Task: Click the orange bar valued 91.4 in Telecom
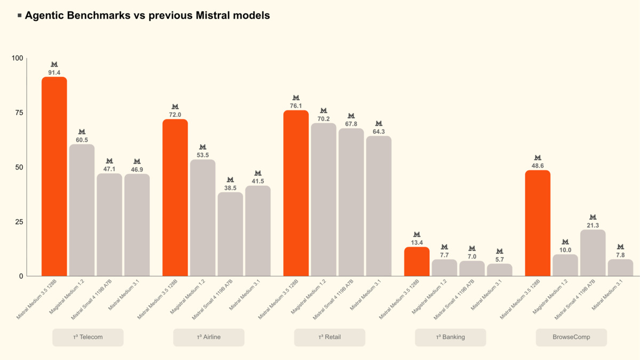tap(54, 176)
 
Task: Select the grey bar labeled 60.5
tap(82, 210)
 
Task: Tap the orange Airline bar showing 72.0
tap(175, 197)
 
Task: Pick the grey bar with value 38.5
tap(230, 234)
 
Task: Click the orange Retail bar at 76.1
tap(296, 193)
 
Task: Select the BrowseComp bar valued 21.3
tap(593, 253)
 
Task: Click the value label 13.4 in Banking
tap(417, 243)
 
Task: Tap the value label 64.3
tap(379, 131)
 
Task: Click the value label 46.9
tap(137, 170)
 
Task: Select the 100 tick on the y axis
tap(17, 58)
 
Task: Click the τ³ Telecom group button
tap(88, 337)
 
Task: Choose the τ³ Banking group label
tap(451, 337)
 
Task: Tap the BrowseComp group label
tap(571, 337)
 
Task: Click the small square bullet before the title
tap(19, 15)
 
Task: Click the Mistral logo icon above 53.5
tap(203, 147)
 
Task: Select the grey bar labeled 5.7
tap(500, 270)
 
